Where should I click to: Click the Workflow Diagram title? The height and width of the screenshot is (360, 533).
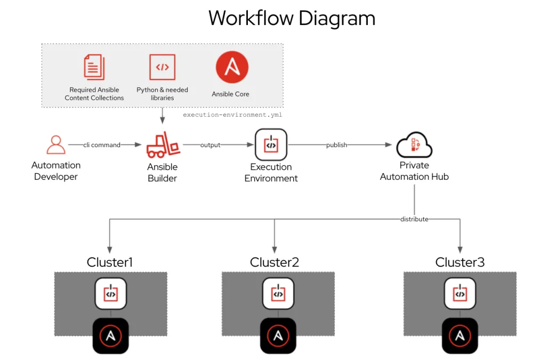pos(292,19)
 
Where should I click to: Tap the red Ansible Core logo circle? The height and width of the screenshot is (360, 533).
pos(232,67)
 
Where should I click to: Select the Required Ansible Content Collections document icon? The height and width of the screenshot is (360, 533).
pos(94,67)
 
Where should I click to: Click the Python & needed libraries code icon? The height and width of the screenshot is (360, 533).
pos(162,67)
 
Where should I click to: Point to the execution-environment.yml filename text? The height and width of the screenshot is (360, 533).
pos(232,115)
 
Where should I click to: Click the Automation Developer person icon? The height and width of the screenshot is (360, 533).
pos(56,145)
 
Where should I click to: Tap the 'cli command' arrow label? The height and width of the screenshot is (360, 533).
pos(101,145)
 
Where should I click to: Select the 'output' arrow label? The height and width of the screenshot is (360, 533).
pos(210,145)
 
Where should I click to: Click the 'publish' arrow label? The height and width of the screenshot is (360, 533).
pos(336,145)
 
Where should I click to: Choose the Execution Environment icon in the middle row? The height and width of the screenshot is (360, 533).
pos(271,145)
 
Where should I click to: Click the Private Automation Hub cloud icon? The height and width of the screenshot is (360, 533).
pos(414,145)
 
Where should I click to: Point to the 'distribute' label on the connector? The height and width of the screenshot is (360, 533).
pos(414,219)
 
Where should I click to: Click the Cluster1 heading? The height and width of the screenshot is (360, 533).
pos(110,262)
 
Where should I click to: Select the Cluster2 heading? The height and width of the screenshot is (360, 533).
pos(274,262)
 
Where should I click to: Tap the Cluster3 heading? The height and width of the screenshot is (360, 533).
pos(460,262)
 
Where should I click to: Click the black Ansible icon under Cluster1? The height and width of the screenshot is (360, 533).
pos(110,336)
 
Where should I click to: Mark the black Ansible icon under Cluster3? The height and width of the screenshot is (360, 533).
pos(460,336)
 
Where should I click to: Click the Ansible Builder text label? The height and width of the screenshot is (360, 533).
pos(162,172)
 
